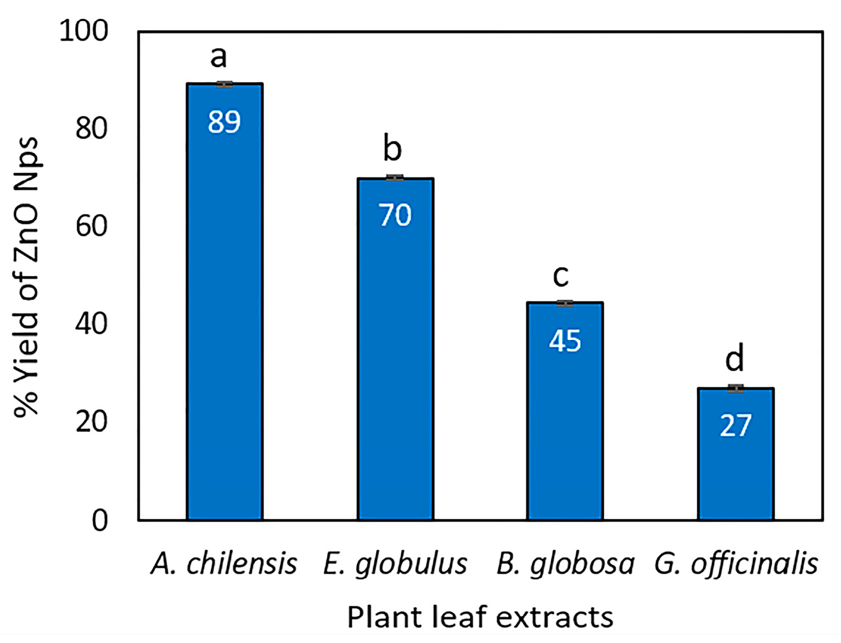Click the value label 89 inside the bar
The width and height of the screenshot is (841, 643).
coord(224,122)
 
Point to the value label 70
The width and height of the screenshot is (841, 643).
coord(395,215)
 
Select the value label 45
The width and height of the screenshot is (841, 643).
coord(565,341)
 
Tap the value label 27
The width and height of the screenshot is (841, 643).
coord(736,426)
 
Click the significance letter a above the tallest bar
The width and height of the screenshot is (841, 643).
coord(218,57)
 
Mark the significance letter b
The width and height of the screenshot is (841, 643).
coord(392,149)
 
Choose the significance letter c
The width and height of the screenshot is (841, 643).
coord(561,276)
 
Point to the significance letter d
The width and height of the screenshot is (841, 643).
coord(734,358)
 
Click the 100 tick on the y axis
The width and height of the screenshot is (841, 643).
coord(84,30)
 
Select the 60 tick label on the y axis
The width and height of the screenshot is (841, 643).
coord(92,226)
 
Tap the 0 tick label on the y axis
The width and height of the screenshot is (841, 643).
coord(100,520)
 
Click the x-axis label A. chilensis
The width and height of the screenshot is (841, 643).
coord(224,564)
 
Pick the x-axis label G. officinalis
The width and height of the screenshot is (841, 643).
coord(736,564)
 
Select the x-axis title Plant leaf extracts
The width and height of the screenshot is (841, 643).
coord(480,617)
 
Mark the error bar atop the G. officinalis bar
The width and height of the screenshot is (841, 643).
coord(736,389)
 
